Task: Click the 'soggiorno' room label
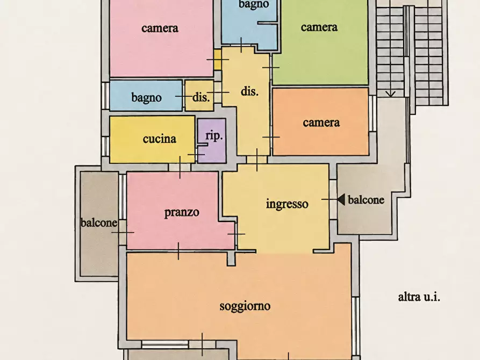coord(245,306)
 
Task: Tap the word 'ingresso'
coord(287,204)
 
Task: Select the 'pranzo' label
coord(182,212)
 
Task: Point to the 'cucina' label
coord(160,139)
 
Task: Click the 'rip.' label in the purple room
coord(214,135)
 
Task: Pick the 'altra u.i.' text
coord(419,297)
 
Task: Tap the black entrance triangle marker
coord(341,199)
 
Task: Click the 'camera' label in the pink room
coord(160,28)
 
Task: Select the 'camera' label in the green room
coord(319,27)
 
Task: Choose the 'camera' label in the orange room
coord(321,123)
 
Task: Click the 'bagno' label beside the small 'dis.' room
coord(146,98)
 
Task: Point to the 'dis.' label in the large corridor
coord(249,91)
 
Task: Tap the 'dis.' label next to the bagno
coord(201,97)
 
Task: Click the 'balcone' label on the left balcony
coord(99,222)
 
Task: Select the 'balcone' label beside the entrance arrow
coord(366,200)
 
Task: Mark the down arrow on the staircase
coord(390,93)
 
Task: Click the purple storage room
coord(212,141)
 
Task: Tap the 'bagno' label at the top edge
coord(254,5)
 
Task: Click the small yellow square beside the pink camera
coord(218,60)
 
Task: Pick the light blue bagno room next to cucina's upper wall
coord(146,96)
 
